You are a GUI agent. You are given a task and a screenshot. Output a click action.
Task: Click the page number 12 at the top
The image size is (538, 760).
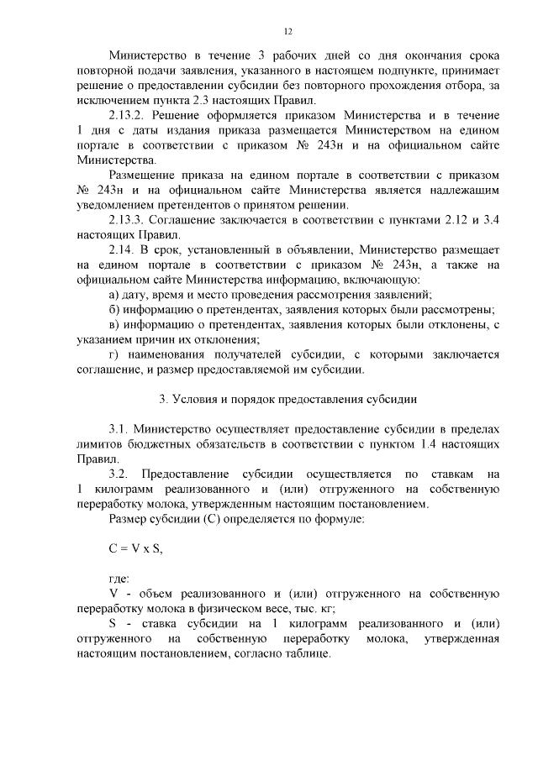pyautogui.click(x=287, y=32)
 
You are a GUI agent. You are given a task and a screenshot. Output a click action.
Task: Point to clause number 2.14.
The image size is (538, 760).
pyautogui.click(x=122, y=250)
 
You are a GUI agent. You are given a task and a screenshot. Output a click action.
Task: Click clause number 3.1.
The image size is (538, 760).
pyautogui.click(x=118, y=429)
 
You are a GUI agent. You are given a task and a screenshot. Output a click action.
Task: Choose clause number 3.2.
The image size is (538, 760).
pyautogui.click(x=118, y=474)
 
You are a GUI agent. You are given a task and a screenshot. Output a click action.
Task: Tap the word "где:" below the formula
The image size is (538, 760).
pyautogui.click(x=119, y=579)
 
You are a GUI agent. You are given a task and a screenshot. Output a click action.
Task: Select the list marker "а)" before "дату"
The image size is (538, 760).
pyautogui.click(x=115, y=295)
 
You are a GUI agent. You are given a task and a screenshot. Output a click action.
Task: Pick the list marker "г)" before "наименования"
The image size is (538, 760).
pyautogui.click(x=114, y=354)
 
